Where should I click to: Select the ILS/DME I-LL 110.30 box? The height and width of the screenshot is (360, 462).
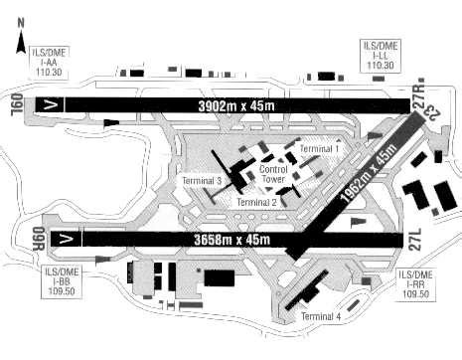tap(381, 55)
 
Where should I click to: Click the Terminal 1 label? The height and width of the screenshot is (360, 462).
tap(319, 148)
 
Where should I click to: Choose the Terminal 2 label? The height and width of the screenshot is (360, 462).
tap(256, 202)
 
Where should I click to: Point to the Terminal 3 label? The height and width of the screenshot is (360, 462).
tap(202, 181)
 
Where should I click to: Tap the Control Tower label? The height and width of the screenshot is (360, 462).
tap(273, 176)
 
